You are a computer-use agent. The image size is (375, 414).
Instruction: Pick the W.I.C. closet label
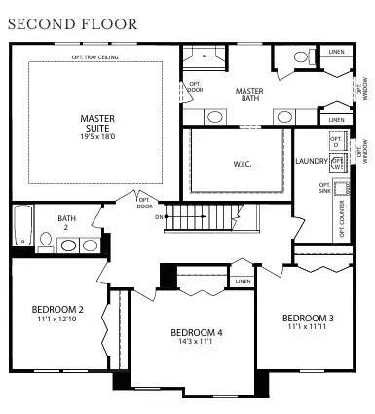tap(243, 164)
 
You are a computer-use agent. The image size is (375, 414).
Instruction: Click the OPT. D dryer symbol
tap(337, 143)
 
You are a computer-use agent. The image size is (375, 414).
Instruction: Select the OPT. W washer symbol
tap(337, 164)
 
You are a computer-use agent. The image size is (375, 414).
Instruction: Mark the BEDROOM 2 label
tap(58, 311)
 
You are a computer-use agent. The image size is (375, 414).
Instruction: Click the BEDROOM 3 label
tap(308, 319)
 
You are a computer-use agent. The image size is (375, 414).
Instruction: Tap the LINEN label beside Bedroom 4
tap(243, 282)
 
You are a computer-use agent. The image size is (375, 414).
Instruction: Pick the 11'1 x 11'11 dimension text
tap(308, 328)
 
